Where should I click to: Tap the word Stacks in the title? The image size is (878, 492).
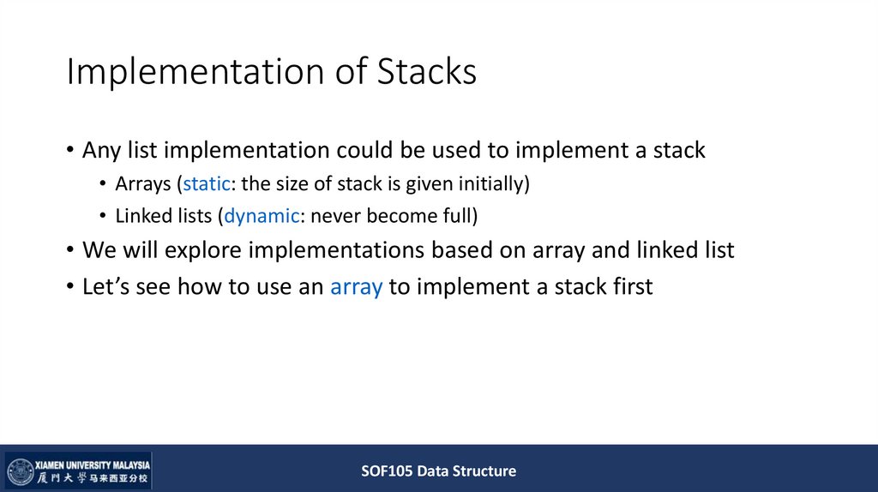point(427,72)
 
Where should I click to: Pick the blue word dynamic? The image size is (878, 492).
point(261,217)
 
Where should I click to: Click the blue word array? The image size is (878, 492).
point(356,286)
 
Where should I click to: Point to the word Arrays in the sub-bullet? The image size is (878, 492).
point(143,184)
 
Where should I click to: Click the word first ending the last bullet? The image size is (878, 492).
point(628,286)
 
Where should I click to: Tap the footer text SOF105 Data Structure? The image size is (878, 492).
point(438,471)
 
